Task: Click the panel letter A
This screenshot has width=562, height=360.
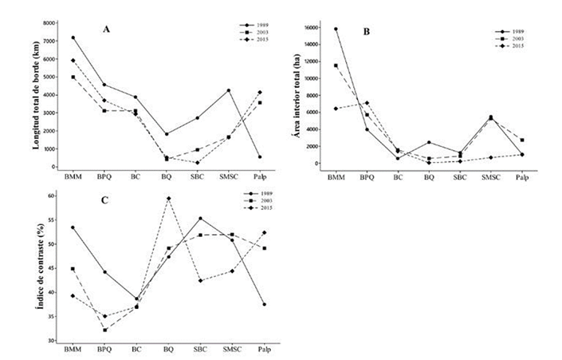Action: pos(107,29)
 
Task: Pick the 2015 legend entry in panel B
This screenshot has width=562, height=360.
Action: pos(512,46)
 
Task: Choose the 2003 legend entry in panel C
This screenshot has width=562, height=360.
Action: pos(254,202)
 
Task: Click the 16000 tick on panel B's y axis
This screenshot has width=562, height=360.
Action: pos(317,29)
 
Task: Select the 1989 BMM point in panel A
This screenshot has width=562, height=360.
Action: pos(73,37)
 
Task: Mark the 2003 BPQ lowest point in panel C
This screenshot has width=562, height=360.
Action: pos(104,330)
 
